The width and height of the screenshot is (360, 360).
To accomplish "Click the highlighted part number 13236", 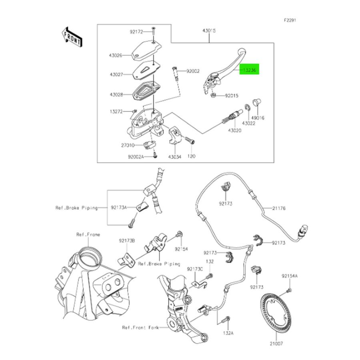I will pyautogui.click(x=250, y=70).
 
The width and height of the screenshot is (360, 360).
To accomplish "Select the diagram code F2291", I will pyautogui.click(x=290, y=20).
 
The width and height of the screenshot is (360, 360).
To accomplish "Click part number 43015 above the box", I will pyautogui.click(x=209, y=31).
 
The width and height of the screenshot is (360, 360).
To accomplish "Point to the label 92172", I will pyautogui.click(x=136, y=31).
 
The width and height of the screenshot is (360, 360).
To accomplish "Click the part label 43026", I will pyautogui.click(x=114, y=56).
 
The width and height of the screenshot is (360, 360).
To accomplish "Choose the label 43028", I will pyautogui.click(x=114, y=95).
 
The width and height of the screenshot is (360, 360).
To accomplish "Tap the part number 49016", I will pyautogui.click(x=258, y=118).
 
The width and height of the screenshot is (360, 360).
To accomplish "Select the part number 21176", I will pyautogui.click(x=279, y=208).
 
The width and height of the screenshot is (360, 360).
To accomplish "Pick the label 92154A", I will pyautogui.click(x=290, y=276).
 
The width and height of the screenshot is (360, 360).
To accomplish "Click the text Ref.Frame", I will pyautogui.click(x=88, y=235).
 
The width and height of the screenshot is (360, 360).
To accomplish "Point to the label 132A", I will pyautogui.click(x=228, y=332).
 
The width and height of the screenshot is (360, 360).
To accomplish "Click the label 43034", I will pyautogui.click(x=175, y=157).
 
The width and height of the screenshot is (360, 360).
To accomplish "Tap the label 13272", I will pyautogui.click(x=116, y=112).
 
